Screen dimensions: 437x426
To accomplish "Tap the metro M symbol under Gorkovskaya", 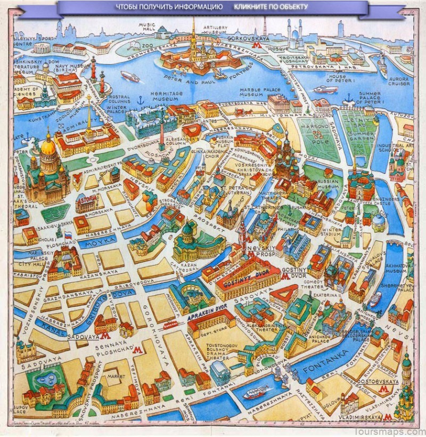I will click(258, 47).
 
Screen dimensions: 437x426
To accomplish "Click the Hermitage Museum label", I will click(164, 96).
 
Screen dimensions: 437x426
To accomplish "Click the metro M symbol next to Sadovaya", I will click(105, 336).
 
